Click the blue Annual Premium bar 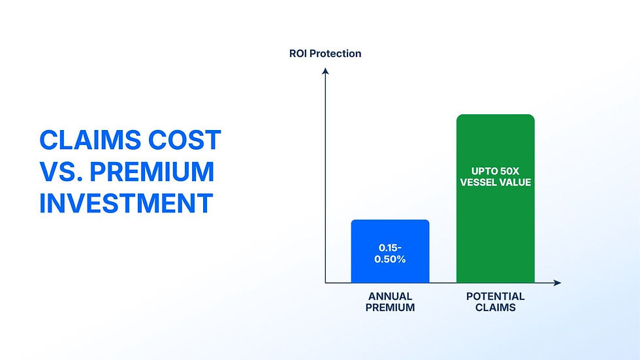click(x=391, y=251)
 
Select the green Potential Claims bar click(x=496, y=199)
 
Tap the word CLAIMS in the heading click(x=90, y=140)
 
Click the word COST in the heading click(x=184, y=140)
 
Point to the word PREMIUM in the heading click(x=152, y=171)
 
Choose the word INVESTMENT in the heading click(x=126, y=203)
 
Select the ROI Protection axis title click(x=325, y=54)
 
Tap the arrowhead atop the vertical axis click(x=325, y=71)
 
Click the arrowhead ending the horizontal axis click(x=558, y=282)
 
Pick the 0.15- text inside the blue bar click(x=391, y=248)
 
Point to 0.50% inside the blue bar click(x=391, y=259)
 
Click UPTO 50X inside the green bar click(x=496, y=171)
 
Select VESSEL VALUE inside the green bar click(x=496, y=182)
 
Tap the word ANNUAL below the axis click(x=391, y=297)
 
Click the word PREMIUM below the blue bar click(x=391, y=307)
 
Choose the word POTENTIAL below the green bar click(x=496, y=297)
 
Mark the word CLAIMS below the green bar click(x=496, y=307)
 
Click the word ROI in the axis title click(x=298, y=54)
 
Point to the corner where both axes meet click(x=325, y=282)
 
